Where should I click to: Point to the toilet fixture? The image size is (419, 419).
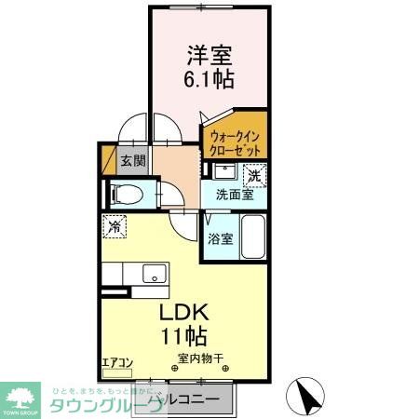(x=128, y=196)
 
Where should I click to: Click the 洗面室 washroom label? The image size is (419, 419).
(x=235, y=196)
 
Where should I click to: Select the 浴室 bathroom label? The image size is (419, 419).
(x=221, y=238)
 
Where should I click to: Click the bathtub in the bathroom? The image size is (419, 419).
(x=255, y=237)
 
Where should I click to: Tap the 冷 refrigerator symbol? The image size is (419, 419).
(x=115, y=226)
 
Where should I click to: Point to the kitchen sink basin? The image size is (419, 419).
(x=153, y=273)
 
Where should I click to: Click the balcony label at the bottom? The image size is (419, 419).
(x=186, y=399)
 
